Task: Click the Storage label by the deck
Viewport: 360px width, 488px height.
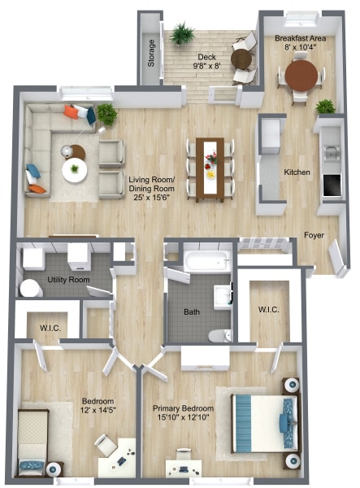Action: pos(151,53)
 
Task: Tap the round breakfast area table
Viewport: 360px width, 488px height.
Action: pos(301,76)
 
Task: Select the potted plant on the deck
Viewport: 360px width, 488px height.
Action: pos(183,33)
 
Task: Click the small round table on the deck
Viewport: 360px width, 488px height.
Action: pos(241,59)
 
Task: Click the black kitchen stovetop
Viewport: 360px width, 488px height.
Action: pos(332,185)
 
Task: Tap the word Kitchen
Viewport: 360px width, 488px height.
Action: pos(297,172)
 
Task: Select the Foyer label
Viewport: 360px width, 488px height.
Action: pos(314,235)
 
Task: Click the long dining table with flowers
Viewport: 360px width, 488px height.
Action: pos(210,170)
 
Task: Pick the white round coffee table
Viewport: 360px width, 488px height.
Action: pos(74,170)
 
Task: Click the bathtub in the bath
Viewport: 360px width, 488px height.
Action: pos(207,261)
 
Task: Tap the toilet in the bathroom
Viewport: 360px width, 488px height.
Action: pos(220,336)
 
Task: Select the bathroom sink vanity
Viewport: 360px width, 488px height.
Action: pos(223,297)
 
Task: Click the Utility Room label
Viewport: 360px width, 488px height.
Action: pos(68,280)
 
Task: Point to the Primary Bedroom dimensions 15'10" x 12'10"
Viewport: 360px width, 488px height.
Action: pos(183,417)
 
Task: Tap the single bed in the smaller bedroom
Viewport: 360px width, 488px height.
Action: pos(33,442)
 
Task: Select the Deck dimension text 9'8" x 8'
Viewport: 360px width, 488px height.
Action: pos(206,66)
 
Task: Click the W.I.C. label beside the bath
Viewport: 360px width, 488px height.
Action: pos(269,310)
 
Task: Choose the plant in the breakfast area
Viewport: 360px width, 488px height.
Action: pos(326,107)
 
